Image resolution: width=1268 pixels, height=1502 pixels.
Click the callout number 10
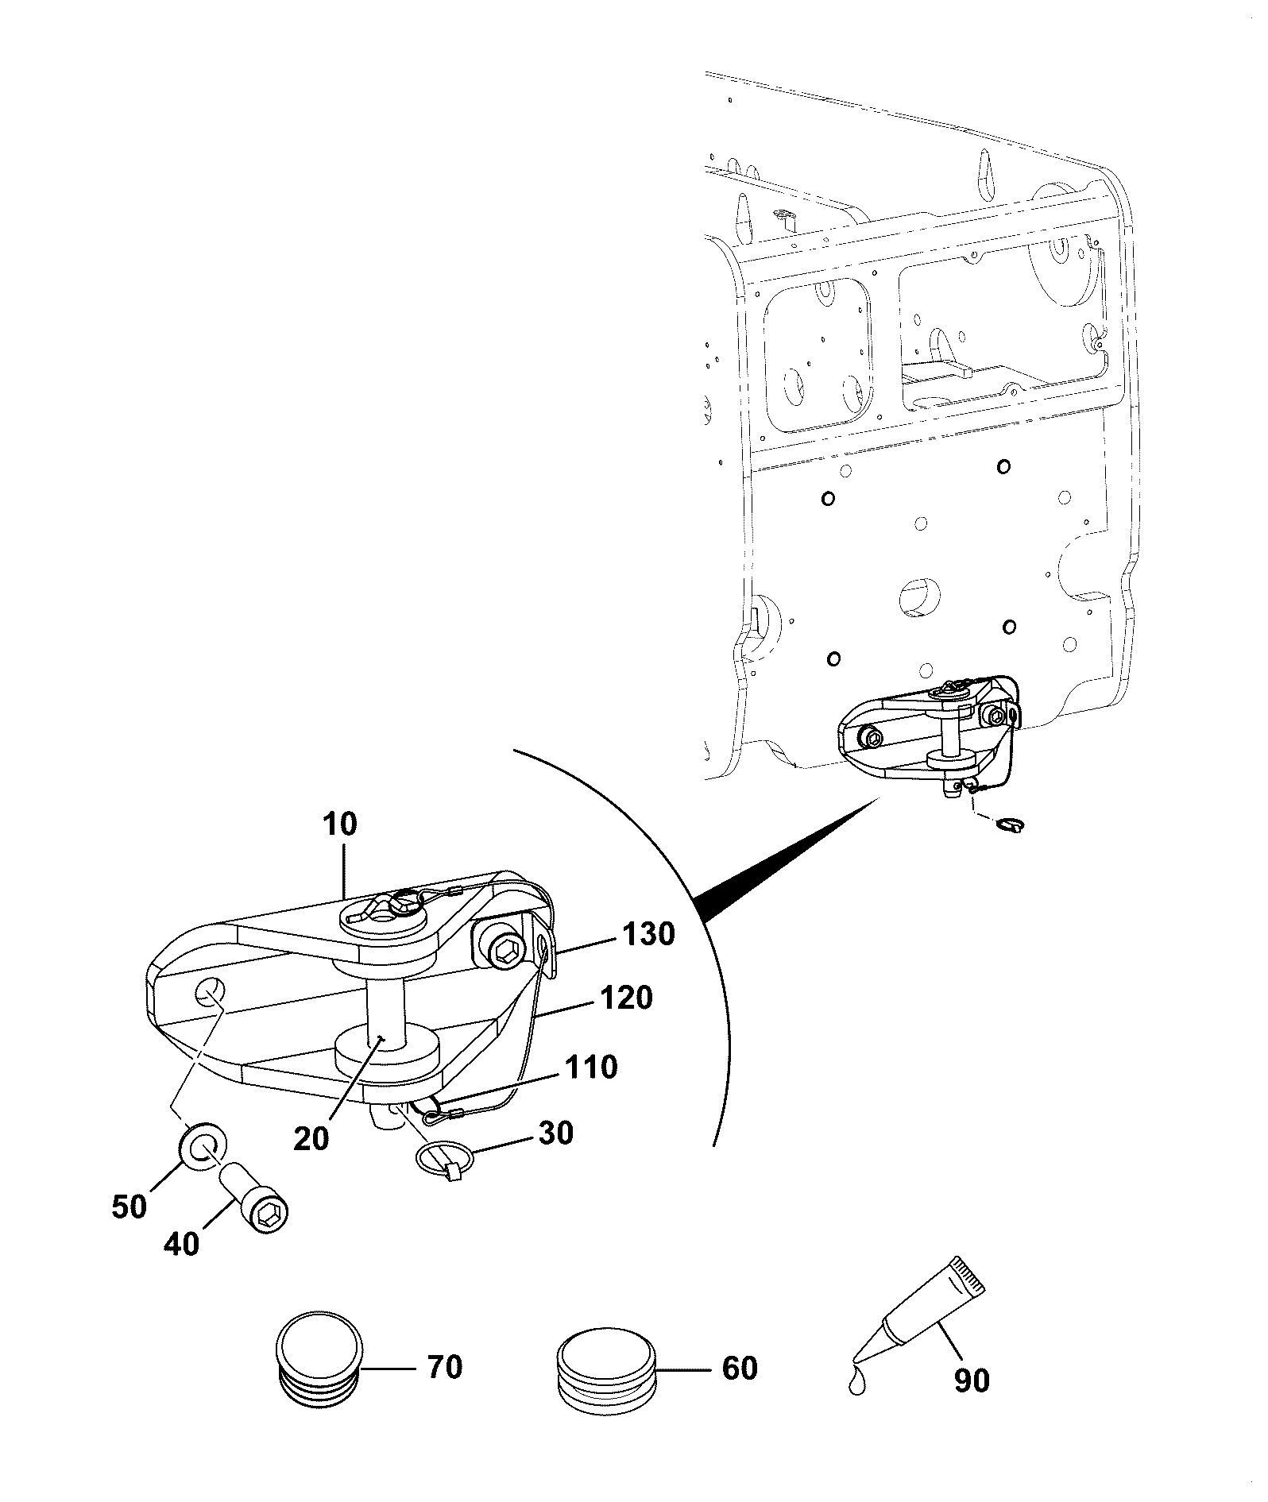341,824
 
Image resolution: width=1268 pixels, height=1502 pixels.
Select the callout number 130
648,934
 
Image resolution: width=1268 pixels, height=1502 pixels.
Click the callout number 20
311,1139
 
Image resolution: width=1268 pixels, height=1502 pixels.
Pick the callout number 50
130,1207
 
